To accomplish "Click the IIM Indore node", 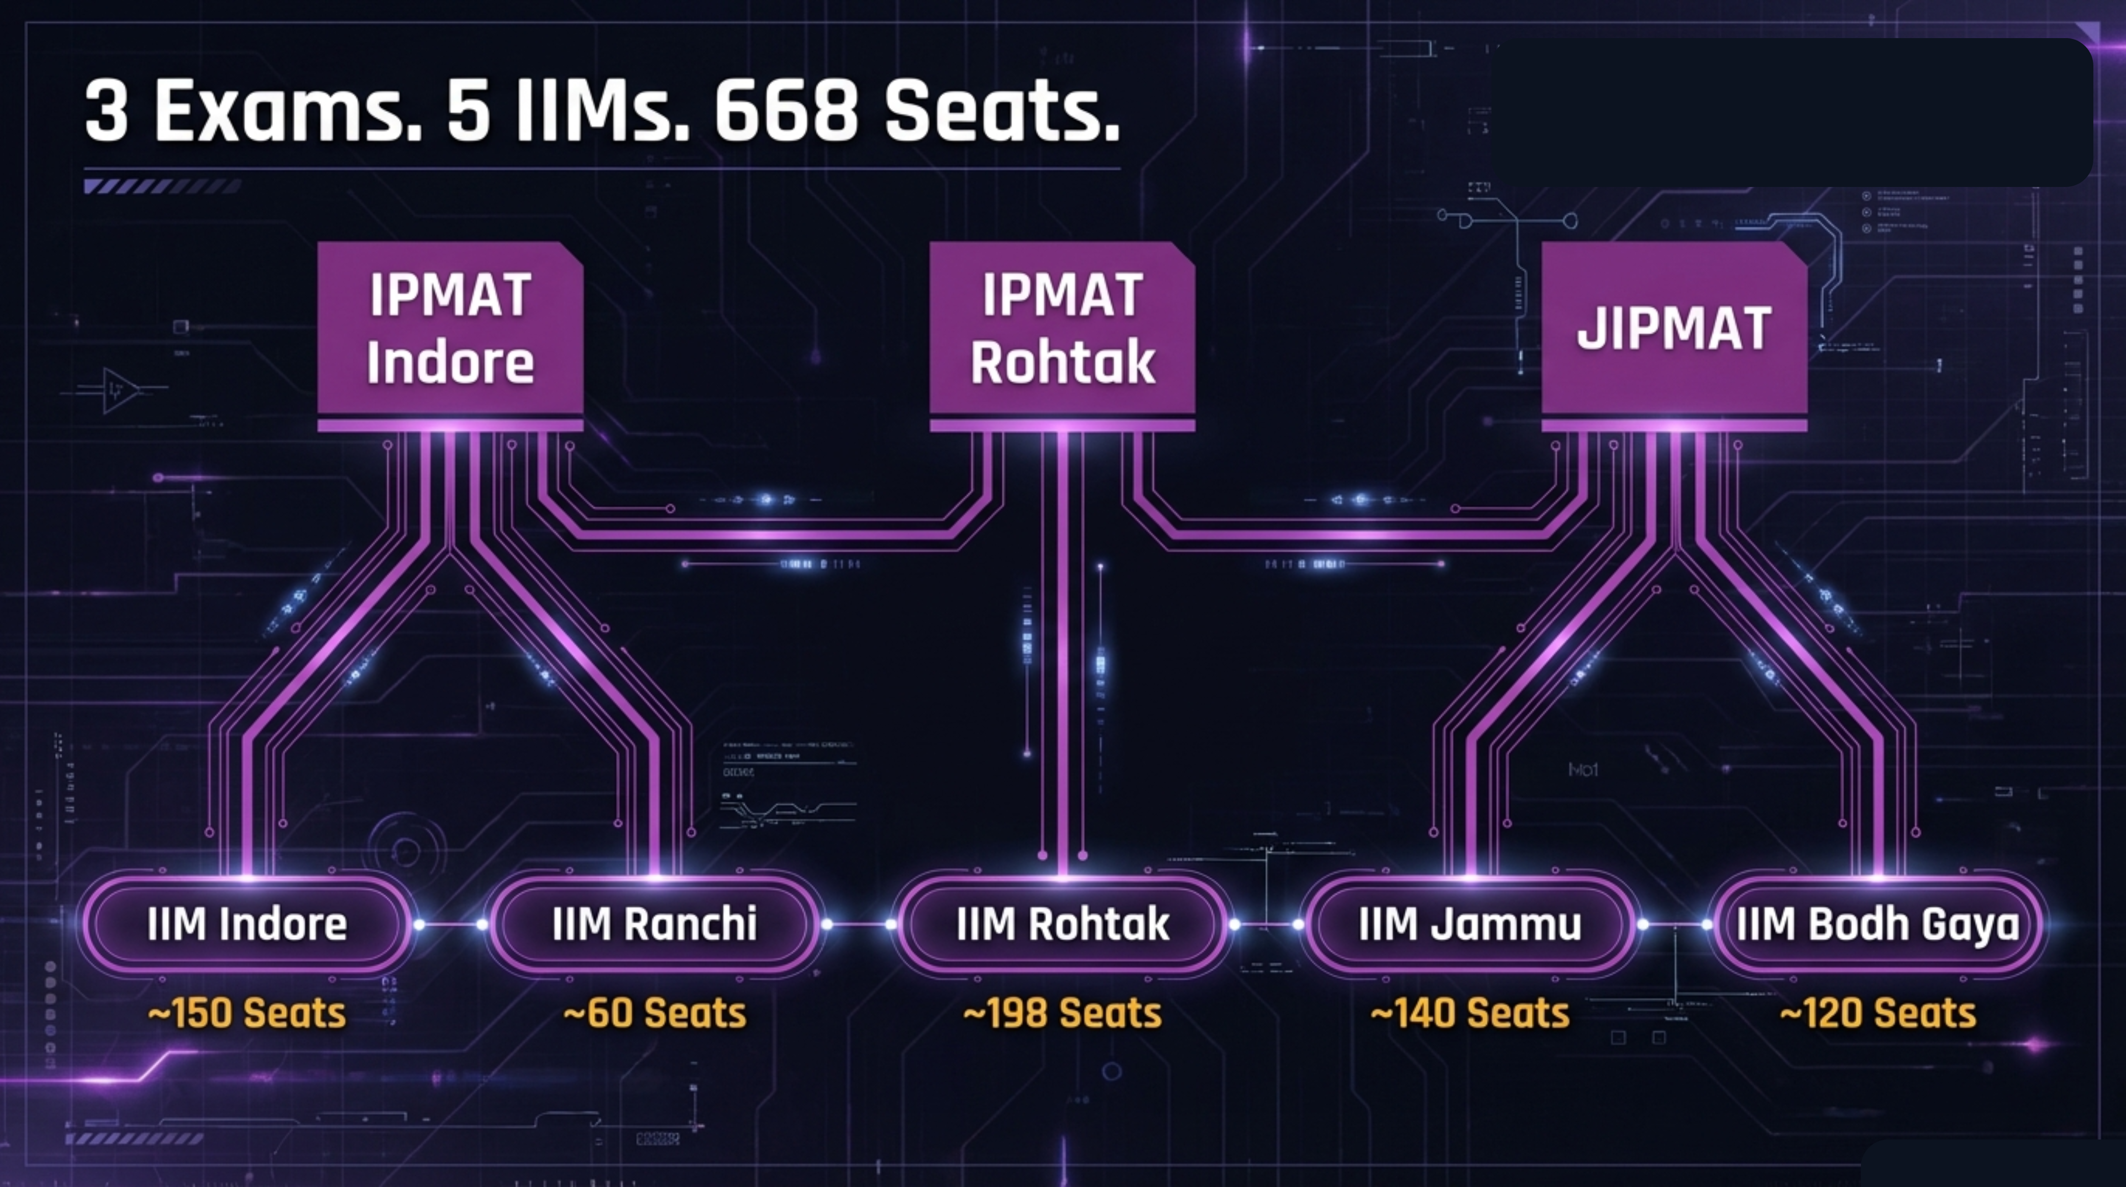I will (x=247, y=924).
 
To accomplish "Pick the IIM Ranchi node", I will (x=654, y=924).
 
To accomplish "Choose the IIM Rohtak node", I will (x=1062, y=924).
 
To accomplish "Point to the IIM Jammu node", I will (x=1470, y=924).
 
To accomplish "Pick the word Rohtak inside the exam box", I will (x=1062, y=363).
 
